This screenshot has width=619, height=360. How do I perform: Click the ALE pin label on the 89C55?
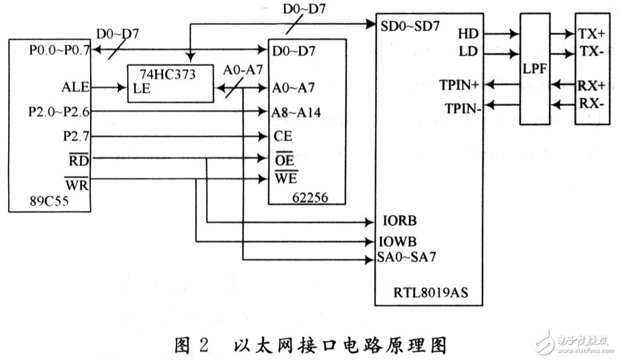click(75, 88)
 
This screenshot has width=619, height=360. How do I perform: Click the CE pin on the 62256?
click(282, 136)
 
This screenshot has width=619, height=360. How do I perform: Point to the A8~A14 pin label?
click(296, 112)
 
